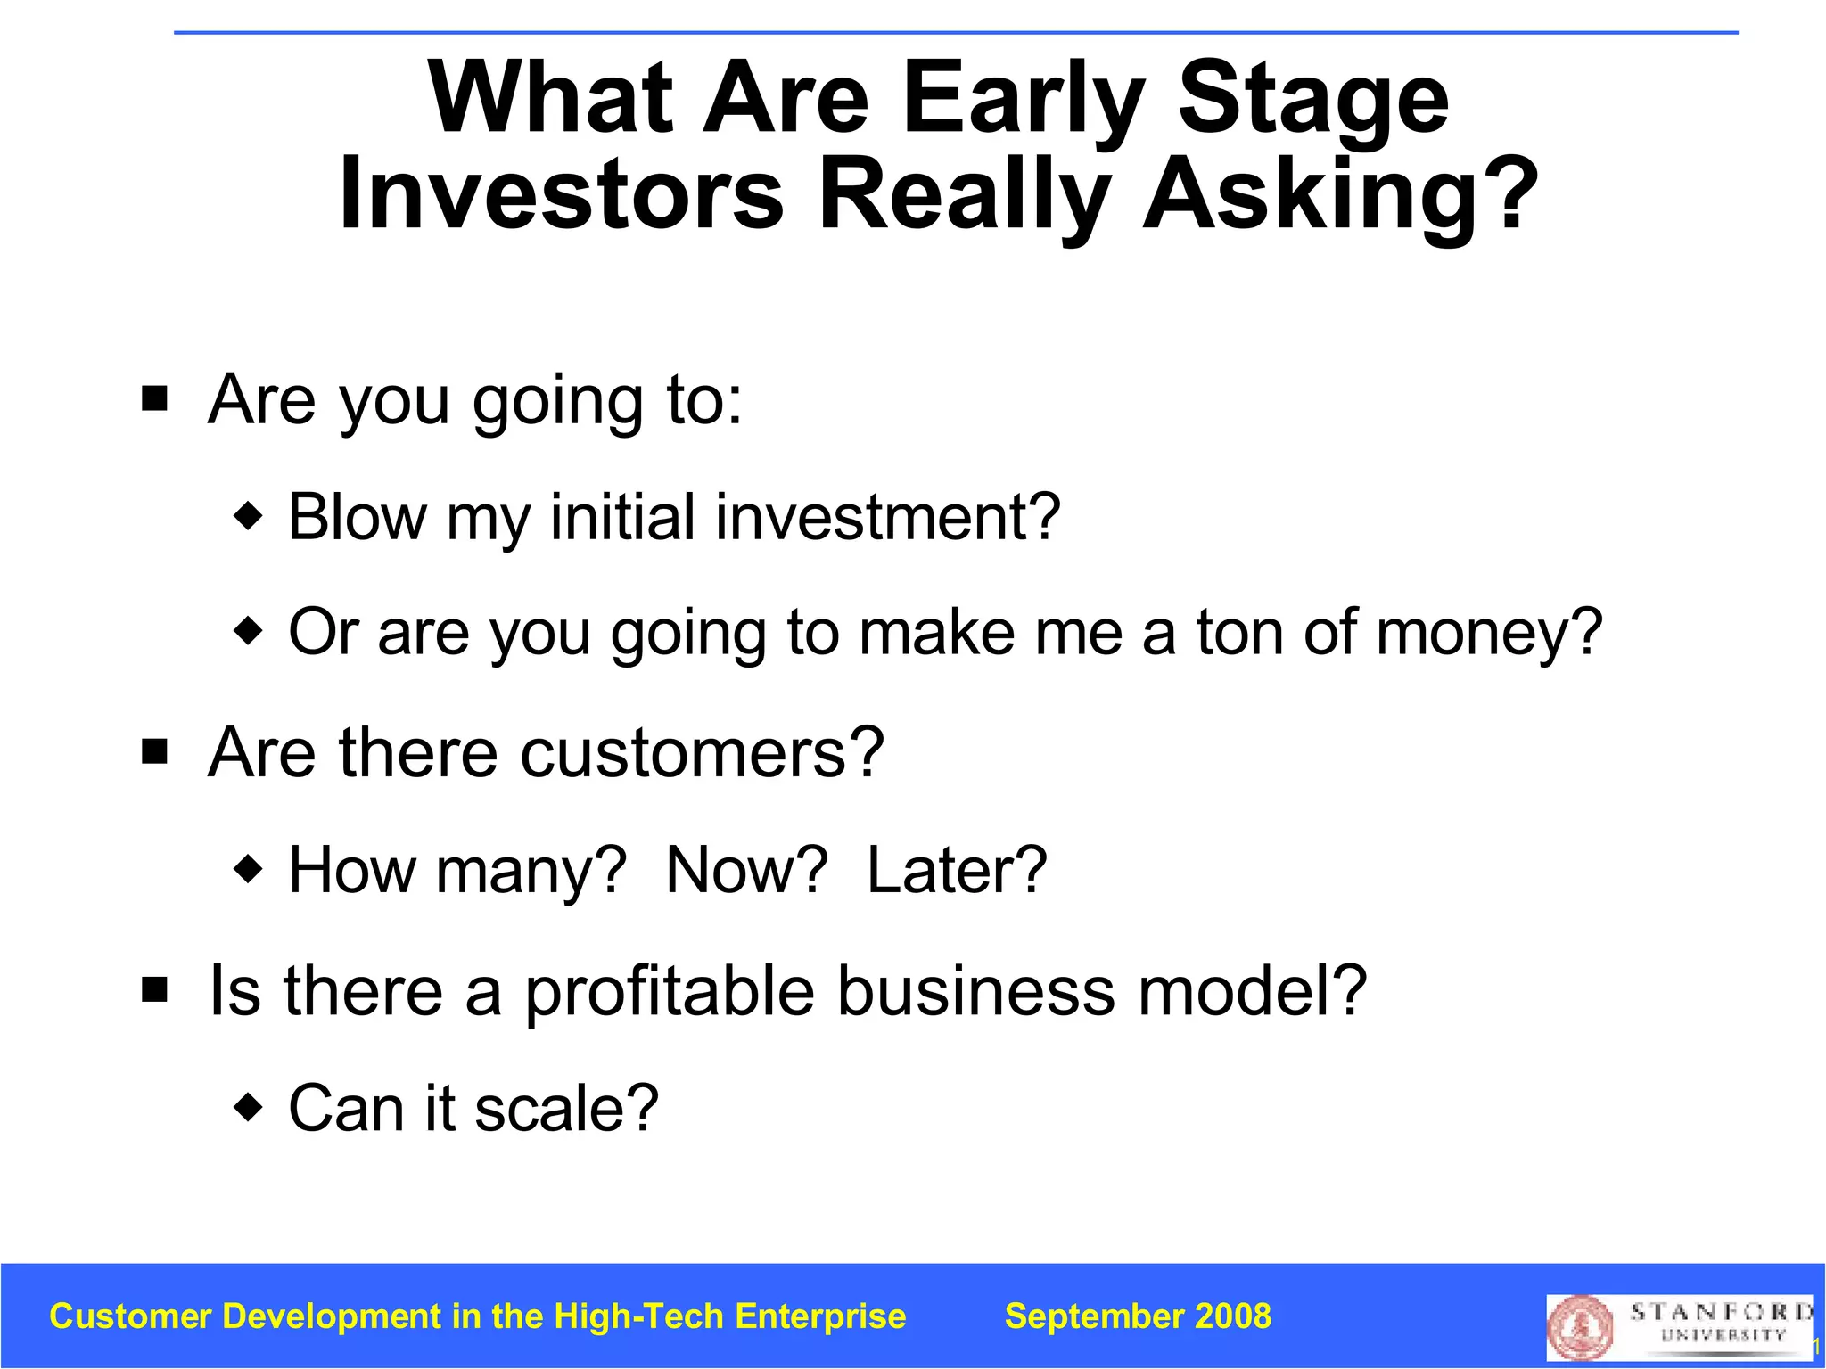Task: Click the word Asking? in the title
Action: click(1339, 193)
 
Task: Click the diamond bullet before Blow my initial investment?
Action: click(248, 515)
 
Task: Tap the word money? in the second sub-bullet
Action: click(1489, 633)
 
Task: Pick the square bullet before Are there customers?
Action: click(155, 751)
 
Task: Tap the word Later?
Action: click(957, 870)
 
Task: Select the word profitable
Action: click(669, 992)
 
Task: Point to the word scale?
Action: click(566, 1108)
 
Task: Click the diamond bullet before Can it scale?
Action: click(248, 1108)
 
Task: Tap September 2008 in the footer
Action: click(1138, 1316)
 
